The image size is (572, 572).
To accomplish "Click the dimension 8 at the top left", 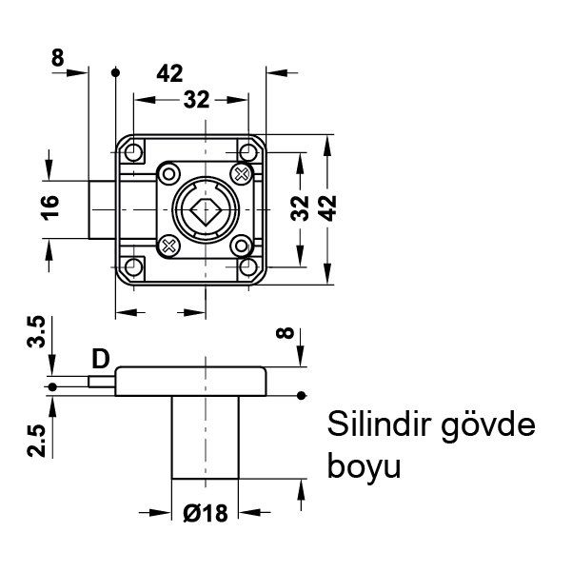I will click(x=58, y=58).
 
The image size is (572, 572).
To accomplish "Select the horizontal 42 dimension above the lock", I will click(x=170, y=72).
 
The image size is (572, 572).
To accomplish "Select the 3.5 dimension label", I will click(x=36, y=336).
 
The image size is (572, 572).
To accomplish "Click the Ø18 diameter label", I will click(x=207, y=514).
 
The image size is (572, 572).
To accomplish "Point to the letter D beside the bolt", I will click(x=100, y=359).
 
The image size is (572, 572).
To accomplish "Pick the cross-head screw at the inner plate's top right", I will click(x=241, y=173).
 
